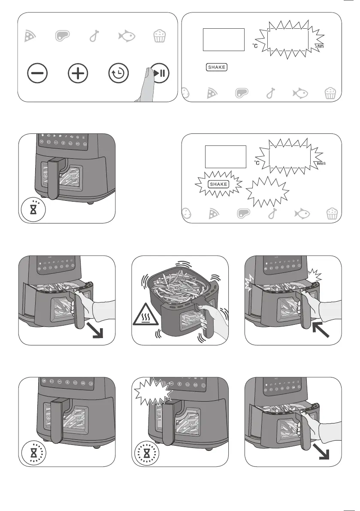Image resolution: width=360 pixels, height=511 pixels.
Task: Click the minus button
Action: click(37, 74)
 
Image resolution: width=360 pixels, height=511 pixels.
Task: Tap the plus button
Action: click(78, 74)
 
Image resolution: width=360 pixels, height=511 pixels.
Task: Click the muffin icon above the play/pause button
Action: click(159, 36)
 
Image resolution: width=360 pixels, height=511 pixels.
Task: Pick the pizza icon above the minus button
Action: click(30, 36)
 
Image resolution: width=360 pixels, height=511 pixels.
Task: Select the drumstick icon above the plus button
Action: click(94, 36)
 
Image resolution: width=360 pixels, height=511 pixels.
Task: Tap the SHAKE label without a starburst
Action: click(217, 67)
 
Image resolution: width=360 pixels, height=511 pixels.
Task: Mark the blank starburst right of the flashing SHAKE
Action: click(268, 190)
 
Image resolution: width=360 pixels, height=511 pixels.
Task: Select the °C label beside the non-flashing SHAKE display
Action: click(255, 46)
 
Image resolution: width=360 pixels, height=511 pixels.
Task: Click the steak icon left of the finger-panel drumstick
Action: click(63, 36)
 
